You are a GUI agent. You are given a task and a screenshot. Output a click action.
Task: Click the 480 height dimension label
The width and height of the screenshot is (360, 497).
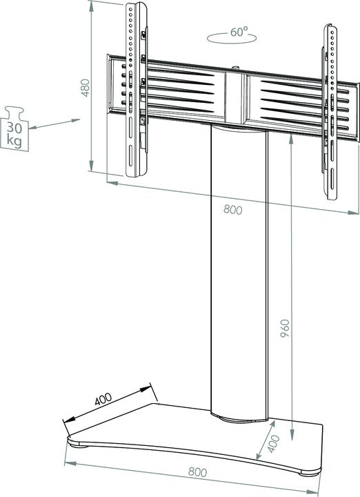click(x=86, y=88)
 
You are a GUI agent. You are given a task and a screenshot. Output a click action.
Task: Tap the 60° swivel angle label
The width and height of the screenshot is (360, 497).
click(x=239, y=32)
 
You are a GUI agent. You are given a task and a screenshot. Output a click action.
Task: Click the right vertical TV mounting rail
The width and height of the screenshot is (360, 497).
click(x=330, y=104)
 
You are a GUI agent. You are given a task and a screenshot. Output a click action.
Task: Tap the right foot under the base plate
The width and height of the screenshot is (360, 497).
click(x=304, y=473)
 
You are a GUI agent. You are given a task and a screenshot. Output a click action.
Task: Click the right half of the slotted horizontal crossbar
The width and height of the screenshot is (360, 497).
click(x=290, y=100)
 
